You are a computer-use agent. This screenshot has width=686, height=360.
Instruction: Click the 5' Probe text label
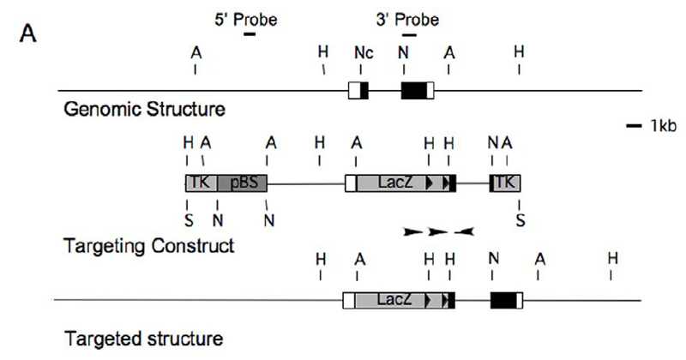(245, 17)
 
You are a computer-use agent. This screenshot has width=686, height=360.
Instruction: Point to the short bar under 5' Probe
(250, 33)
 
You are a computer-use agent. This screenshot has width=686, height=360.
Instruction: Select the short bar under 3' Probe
(408, 33)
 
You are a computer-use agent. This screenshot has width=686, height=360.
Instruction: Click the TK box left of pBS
(199, 182)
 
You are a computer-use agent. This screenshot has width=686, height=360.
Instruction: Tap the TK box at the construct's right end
(505, 182)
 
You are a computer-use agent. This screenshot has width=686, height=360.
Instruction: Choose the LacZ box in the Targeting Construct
(391, 182)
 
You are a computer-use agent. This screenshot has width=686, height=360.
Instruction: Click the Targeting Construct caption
(149, 246)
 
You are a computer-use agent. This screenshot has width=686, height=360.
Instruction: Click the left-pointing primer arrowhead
(464, 231)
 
